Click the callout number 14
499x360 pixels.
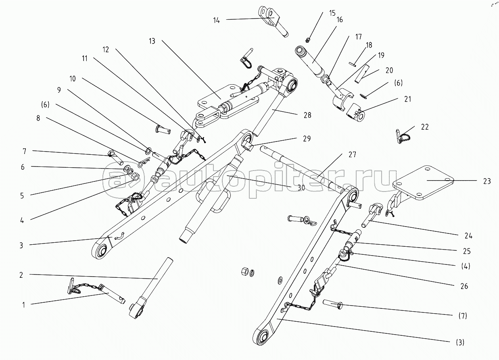point(216,21)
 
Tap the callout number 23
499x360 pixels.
point(487,181)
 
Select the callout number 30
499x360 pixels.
point(301,188)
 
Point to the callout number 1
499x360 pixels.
point(24,305)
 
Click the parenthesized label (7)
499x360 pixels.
point(463,316)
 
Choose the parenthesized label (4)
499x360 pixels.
point(466,266)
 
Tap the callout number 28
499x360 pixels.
point(307,115)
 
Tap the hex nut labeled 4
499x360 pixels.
point(136,177)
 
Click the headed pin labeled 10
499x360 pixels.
point(163,130)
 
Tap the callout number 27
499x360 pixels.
point(352,154)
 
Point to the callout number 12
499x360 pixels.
point(106,50)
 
